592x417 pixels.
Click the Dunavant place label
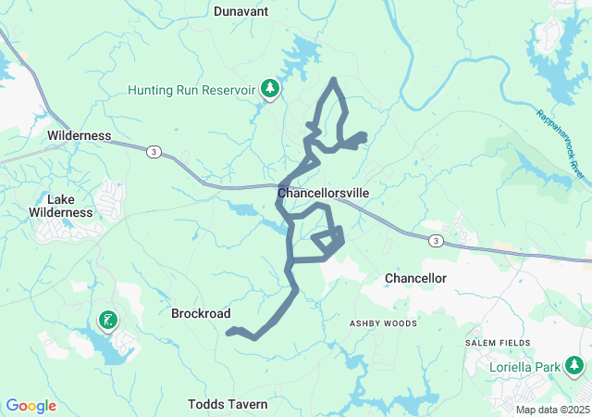pos(241,11)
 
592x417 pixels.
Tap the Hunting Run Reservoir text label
pos(191,90)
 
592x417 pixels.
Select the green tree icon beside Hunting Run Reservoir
pos(270,88)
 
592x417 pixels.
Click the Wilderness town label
pos(80,135)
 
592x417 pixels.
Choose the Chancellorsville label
pos(324,193)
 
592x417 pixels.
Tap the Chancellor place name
pos(415,278)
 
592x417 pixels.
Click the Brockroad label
pos(201,313)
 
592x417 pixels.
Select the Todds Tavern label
pos(228,404)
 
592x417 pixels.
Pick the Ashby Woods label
pos(383,323)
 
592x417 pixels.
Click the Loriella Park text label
pos(524,367)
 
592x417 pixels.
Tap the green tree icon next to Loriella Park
pos(575,365)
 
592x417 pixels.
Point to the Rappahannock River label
pos(561,144)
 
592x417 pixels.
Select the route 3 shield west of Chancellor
pos(437,241)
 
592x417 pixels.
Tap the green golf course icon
pos(108,321)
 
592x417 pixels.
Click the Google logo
pos(31,406)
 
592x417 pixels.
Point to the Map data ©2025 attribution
pos(551,410)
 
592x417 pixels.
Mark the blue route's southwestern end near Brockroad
pos(228,332)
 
